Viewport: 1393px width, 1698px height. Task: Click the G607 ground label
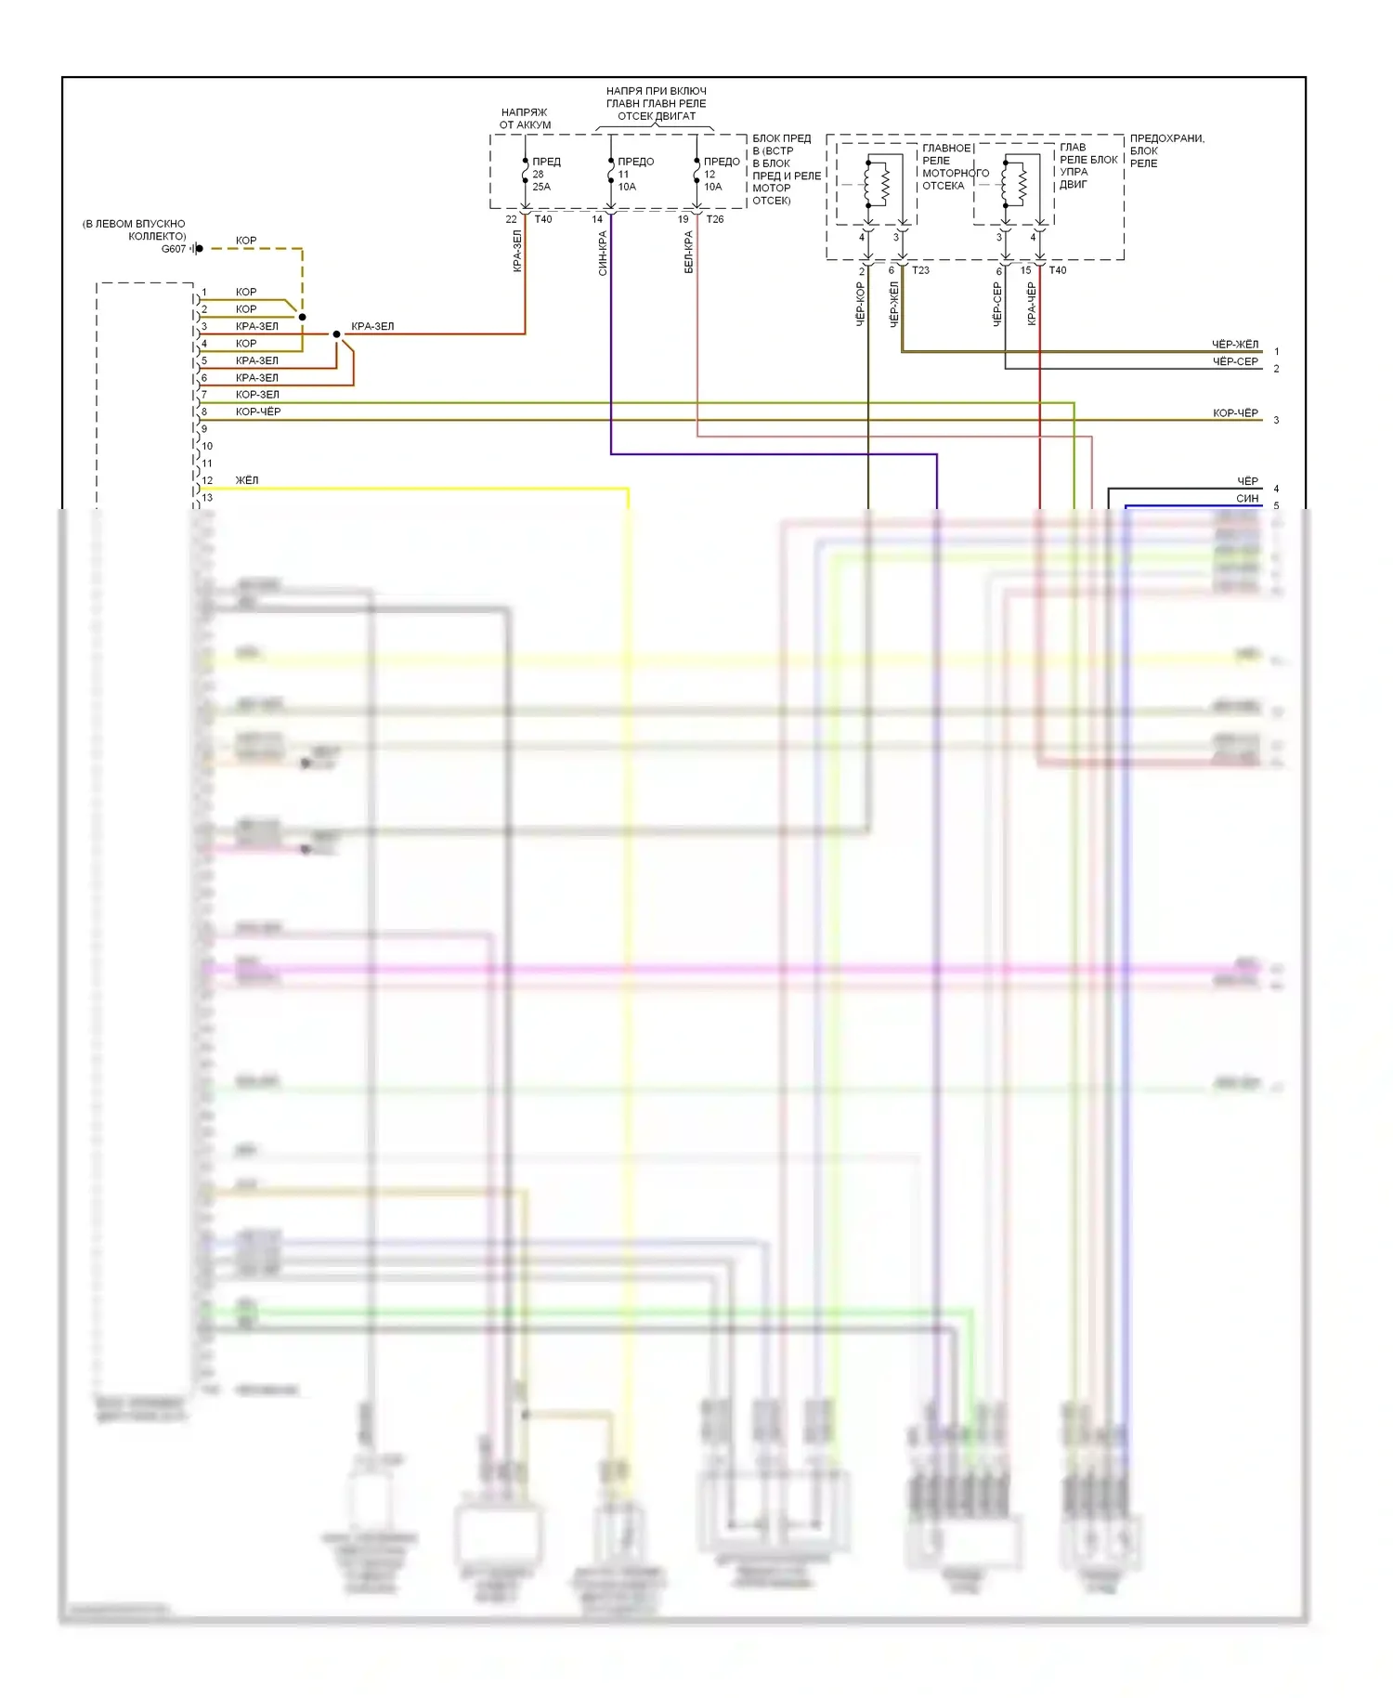click(x=174, y=249)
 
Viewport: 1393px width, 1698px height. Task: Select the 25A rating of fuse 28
click(x=541, y=187)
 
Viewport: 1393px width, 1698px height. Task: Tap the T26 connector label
click(x=714, y=219)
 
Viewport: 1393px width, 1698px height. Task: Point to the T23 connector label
click(x=920, y=270)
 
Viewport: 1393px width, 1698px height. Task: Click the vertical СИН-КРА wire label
click(x=603, y=253)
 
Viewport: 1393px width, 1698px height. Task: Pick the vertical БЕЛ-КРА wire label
click(x=688, y=252)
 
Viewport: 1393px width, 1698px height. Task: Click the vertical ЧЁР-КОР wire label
click(x=860, y=304)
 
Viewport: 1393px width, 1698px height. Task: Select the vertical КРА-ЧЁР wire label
click(x=1031, y=304)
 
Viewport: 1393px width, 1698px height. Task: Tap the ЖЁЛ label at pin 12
click(x=247, y=480)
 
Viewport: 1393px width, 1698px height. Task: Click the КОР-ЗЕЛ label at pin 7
click(x=257, y=395)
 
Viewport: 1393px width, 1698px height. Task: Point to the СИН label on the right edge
click(x=1247, y=499)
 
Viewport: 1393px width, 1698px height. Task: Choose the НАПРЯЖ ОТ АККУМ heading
click(x=525, y=118)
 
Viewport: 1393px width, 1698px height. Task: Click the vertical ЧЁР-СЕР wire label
click(x=997, y=304)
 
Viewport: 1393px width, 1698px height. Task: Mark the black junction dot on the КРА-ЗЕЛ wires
click(x=336, y=334)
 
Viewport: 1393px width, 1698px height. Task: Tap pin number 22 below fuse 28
click(x=511, y=219)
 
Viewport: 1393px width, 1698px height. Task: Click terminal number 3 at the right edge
click(x=1276, y=420)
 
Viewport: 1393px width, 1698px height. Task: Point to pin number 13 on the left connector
click(x=207, y=498)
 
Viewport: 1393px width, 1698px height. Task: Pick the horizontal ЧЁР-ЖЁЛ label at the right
click(x=1234, y=345)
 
